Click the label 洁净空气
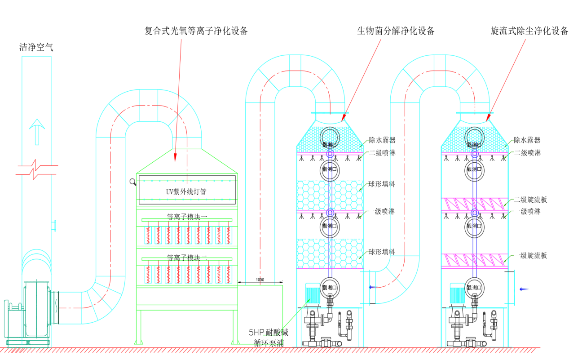(x=36, y=47)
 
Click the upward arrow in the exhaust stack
(x=37, y=131)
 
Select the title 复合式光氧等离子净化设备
(x=196, y=31)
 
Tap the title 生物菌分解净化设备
(x=396, y=31)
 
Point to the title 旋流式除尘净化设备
(x=529, y=31)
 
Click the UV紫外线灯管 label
(x=186, y=192)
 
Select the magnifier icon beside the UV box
(x=133, y=182)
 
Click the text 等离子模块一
(x=187, y=217)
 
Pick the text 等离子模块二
(x=187, y=258)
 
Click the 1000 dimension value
(x=260, y=280)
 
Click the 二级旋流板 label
(x=530, y=200)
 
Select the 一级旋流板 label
(x=530, y=256)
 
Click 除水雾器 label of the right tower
(x=527, y=140)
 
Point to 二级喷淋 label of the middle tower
(x=382, y=153)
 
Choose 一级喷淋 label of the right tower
(x=527, y=211)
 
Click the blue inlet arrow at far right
(x=524, y=289)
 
